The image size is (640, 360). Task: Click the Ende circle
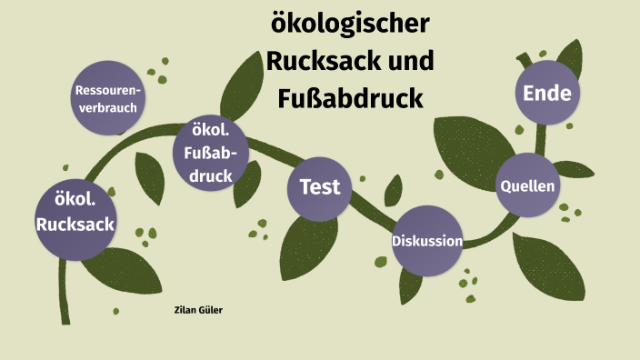pos(547,93)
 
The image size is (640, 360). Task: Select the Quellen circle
pos(527,185)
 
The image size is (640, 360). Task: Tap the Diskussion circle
pos(427,242)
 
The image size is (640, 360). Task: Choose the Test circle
pos(320,187)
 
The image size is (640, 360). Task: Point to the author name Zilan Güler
pos(198,310)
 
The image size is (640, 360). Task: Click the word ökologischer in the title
pos(351,25)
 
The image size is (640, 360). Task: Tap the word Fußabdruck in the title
pos(351,96)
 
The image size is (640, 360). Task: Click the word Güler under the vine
pos(211,310)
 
